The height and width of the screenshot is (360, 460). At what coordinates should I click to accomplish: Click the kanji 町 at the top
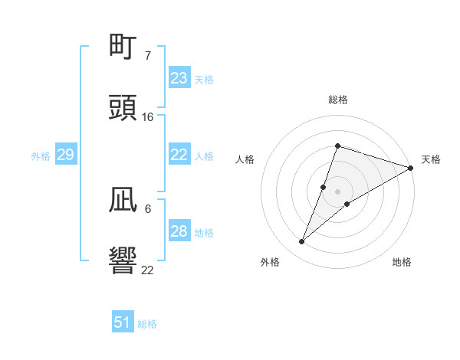[123, 47]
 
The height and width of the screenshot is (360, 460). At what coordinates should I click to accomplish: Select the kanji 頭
[123, 109]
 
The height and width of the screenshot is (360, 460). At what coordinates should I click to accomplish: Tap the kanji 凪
[123, 201]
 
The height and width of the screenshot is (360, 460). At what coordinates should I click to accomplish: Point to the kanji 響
[123, 262]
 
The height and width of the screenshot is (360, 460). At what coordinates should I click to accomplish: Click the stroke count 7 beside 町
[148, 55]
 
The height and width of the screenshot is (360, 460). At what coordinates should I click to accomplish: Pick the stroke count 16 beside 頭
[148, 116]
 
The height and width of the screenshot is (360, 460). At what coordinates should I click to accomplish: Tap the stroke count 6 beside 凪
[148, 208]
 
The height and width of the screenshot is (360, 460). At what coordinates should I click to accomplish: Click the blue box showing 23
[179, 78]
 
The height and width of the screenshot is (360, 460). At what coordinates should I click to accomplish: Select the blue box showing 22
[179, 155]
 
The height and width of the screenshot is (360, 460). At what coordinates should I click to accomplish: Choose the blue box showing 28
[179, 231]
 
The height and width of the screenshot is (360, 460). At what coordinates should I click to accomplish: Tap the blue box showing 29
[65, 155]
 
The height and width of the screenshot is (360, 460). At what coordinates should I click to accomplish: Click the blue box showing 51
[123, 322]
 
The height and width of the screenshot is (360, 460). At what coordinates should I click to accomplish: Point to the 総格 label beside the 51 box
[147, 324]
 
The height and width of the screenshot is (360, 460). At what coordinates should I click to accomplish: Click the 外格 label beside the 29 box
[41, 155]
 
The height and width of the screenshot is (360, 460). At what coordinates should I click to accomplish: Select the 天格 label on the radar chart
[431, 159]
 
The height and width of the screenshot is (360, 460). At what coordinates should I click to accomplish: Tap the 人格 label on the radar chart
[245, 159]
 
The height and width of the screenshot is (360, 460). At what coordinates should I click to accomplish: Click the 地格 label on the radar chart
[402, 263]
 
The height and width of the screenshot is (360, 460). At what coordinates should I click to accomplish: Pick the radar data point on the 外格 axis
[302, 242]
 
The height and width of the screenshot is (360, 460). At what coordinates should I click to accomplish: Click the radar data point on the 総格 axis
[337, 146]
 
